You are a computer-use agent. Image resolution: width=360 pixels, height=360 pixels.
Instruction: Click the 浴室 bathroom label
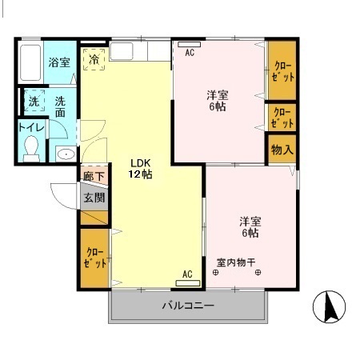coord(59,62)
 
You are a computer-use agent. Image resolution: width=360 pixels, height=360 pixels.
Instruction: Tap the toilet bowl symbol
coord(31,149)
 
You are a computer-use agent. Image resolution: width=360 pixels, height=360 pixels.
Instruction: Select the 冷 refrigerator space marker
coord(94,59)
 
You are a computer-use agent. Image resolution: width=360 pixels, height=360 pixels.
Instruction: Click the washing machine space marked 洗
coord(34,100)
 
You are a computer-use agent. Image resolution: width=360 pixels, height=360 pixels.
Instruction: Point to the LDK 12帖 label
coord(141,169)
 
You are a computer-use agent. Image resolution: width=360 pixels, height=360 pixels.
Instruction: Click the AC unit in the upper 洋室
coord(189,45)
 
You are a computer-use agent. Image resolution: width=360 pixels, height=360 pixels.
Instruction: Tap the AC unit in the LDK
coord(188,283)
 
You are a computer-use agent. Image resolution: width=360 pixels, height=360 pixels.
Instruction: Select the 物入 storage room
coord(282,149)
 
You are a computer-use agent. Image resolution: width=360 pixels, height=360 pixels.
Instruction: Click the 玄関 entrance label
coord(94,198)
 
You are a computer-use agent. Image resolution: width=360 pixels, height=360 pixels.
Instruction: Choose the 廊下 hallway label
coord(94,176)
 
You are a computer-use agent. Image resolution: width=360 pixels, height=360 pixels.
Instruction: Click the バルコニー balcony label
coord(188,305)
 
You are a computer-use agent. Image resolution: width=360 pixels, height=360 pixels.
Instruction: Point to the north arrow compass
coord(329,306)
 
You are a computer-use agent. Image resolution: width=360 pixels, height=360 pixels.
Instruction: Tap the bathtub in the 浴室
coord(30,62)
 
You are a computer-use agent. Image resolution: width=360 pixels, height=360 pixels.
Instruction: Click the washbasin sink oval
coord(66,154)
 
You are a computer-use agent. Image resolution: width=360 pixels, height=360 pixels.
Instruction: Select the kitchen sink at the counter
coord(121,51)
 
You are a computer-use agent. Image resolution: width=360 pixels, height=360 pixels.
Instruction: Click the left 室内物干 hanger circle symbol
coord(215,273)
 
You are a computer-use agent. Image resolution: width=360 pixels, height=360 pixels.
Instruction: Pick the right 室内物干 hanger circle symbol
coord(258,273)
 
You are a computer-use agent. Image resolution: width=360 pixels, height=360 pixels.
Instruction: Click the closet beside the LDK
coord(94,258)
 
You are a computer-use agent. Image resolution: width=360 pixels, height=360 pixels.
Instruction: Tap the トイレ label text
coord(31,127)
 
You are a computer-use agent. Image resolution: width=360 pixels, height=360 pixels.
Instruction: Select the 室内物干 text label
coord(236,262)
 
